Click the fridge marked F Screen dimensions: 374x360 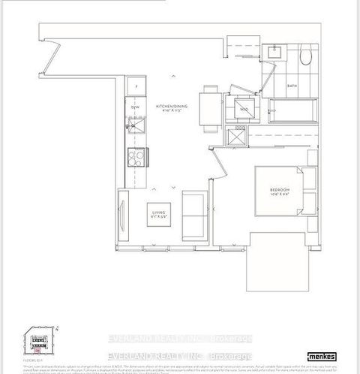(136, 87)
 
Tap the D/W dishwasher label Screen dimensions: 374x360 (136, 108)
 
